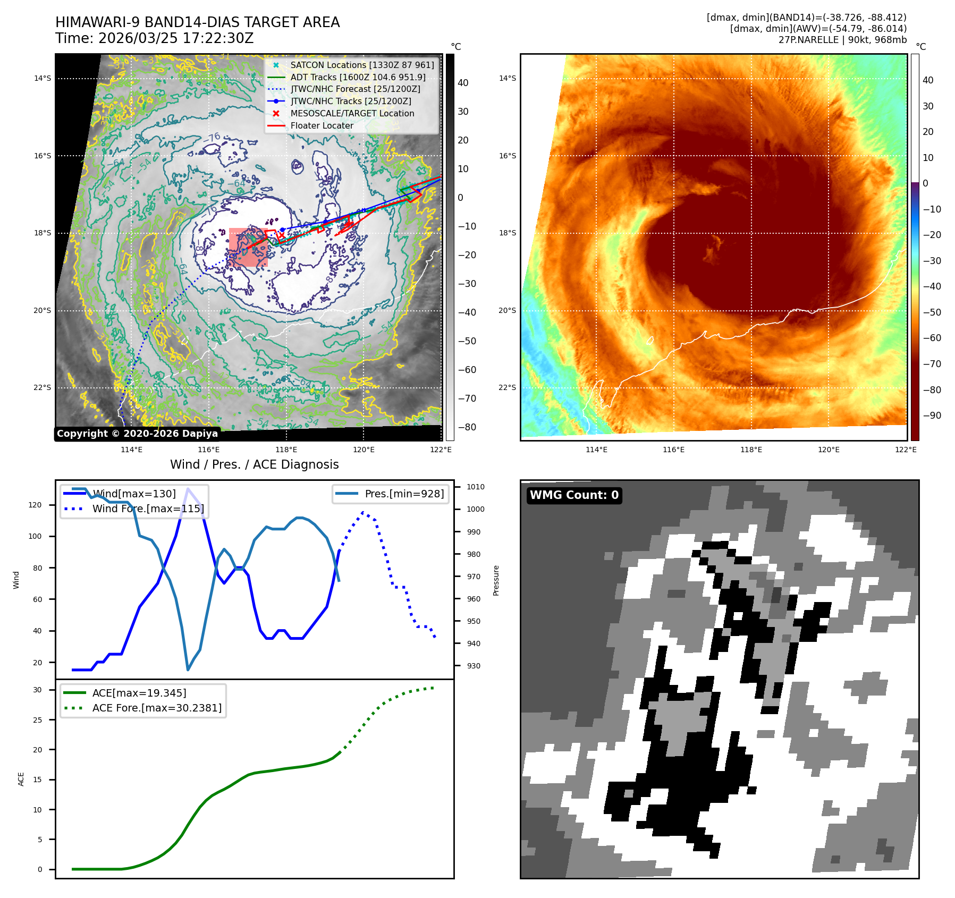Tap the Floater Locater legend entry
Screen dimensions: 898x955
(x=322, y=125)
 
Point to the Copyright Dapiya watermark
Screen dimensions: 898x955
(x=137, y=434)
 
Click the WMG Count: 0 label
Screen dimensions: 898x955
(x=574, y=495)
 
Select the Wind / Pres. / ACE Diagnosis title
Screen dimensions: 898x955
(x=254, y=464)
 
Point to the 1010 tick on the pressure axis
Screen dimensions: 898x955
(x=476, y=487)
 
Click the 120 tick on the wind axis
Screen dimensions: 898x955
(x=35, y=505)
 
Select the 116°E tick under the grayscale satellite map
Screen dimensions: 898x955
(x=209, y=450)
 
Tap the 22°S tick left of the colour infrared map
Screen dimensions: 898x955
(x=507, y=387)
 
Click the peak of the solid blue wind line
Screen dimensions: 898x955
(x=188, y=489)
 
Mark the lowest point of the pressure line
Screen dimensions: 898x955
(x=188, y=670)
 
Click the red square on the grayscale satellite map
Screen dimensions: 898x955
(x=248, y=247)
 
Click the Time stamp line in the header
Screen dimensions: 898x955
(x=154, y=38)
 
